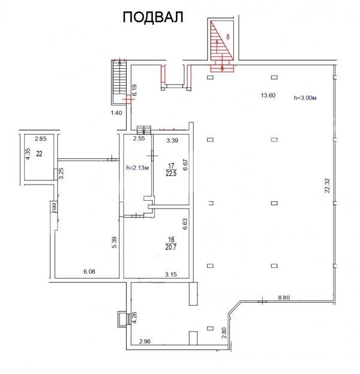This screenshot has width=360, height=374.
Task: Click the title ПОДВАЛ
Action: point(153,17)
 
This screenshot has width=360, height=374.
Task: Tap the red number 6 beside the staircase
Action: point(228,37)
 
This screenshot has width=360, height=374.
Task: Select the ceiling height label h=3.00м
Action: point(305,98)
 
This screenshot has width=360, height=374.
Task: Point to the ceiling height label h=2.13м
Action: point(138,168)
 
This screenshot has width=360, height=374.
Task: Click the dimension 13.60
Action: point(268,95)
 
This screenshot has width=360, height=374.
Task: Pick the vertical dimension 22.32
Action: point(327,185)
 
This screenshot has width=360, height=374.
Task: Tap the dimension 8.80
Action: point(284,297)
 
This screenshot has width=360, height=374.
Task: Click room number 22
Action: point(40,154)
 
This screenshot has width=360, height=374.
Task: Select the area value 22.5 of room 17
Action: point(171,173)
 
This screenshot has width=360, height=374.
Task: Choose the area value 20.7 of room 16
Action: point(171,247)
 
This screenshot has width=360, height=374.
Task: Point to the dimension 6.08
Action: point(89,272)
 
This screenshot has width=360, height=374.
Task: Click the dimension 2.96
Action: point(145,342)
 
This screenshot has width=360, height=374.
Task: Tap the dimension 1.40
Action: point(116,113)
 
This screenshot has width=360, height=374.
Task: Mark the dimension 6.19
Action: point(134,90)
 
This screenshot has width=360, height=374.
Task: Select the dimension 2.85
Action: point(41,138)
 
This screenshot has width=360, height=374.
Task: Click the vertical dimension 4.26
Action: point(135,318)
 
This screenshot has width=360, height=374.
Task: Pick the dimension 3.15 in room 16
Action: point(171,275)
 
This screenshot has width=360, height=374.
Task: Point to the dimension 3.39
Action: point(172,140)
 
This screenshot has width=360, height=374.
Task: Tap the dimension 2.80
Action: point(224,333)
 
